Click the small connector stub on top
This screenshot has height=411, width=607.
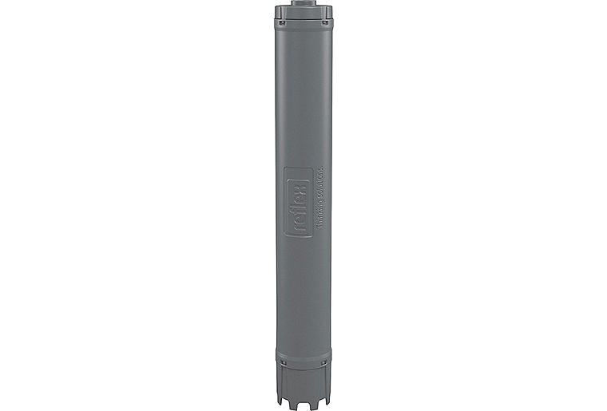pyautogui.click(x=303, y=3)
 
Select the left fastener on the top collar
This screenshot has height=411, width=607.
pyautogui.click(x=280, y=22)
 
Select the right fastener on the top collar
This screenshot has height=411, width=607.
pyautogui.click(x=326, y=22)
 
